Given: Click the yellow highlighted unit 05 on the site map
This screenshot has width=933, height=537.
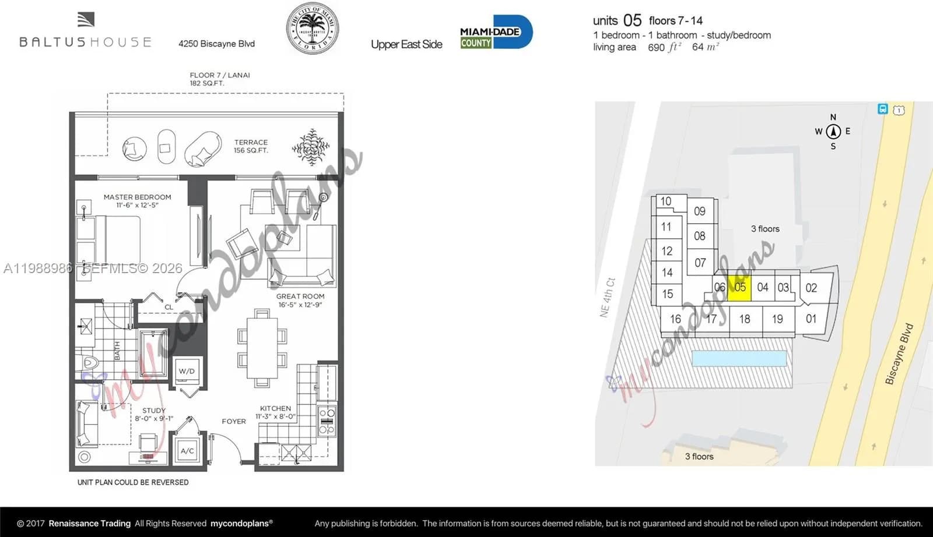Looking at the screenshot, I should (739, 288).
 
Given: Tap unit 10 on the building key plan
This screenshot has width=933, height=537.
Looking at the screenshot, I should (665, 202).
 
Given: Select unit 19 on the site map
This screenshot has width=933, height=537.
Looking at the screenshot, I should (777, 319).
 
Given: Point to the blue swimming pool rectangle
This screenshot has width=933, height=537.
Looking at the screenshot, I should (739, 358).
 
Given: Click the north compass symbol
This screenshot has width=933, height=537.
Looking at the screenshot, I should (833, 131).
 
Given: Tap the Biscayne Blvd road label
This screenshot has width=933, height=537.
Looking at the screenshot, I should (899, 354).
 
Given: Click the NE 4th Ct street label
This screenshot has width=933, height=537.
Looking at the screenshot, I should (607, 297).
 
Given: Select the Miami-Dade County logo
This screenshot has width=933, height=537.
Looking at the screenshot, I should (496, 32).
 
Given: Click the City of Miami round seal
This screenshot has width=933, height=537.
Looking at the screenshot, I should (312, 29).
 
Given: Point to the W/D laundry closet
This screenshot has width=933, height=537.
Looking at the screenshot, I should (187, 371).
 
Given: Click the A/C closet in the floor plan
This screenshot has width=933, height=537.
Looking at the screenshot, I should (187, 450).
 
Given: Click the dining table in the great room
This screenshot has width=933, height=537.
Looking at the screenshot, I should (262, 348).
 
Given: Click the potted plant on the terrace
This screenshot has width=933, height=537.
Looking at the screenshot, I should (311, 146).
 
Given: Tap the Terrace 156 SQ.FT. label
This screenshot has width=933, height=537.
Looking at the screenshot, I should (251, 146).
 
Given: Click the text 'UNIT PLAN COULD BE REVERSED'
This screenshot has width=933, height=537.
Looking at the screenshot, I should (133, 482).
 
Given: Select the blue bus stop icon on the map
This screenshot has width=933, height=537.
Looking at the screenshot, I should (883, 109).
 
